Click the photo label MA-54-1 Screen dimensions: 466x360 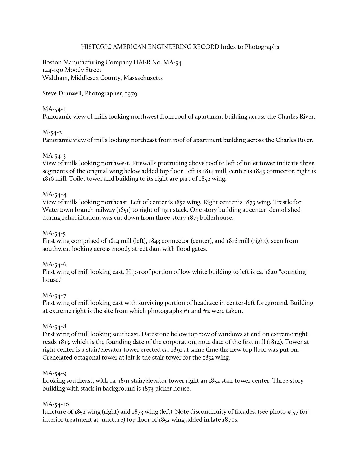54,109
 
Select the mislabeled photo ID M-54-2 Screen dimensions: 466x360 52,132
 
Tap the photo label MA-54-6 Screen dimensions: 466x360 54,264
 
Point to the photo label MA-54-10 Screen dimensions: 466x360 56,404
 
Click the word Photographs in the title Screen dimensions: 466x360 262,47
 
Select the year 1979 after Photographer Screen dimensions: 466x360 131,93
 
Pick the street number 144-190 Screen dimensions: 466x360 53,70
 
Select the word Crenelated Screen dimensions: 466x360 57,358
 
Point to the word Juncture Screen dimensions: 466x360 54,412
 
